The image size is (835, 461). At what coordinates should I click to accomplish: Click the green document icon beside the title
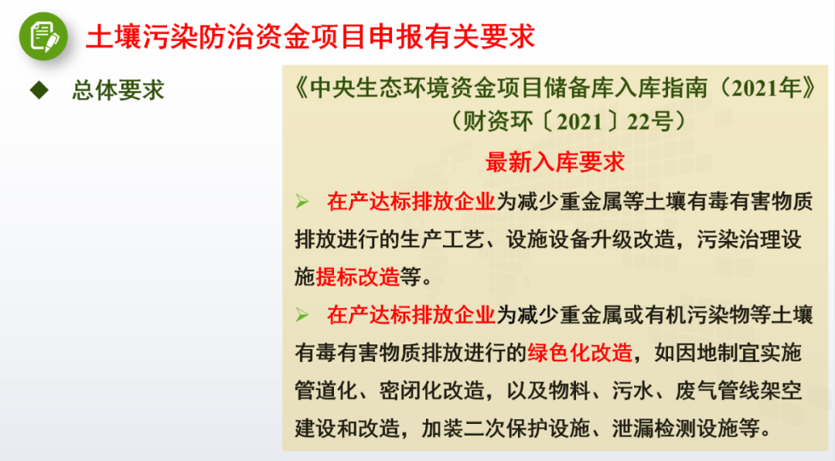pos(43,36)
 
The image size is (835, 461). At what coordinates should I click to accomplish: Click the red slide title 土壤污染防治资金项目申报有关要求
pos(311,37)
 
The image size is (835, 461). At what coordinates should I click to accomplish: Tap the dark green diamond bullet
pos(39,90)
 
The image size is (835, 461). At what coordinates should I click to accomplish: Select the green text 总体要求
pos(118,90)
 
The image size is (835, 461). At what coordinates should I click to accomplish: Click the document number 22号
pos(649,122)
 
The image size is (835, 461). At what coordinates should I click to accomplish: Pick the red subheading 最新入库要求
pos(555,161)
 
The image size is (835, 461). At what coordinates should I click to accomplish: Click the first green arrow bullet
pos(302,202)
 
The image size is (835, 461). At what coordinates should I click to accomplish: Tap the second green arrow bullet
pos(302,315)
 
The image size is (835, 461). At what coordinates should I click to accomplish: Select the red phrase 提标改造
pos(357,277)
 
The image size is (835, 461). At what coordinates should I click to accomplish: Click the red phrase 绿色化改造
pos(580,353)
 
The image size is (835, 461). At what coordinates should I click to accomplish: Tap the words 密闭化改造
pos(431,391)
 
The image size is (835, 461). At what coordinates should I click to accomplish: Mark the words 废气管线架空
pos(738,391)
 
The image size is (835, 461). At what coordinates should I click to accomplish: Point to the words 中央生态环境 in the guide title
pos(373,88)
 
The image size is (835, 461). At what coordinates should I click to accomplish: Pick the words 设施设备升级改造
pos(590,239)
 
